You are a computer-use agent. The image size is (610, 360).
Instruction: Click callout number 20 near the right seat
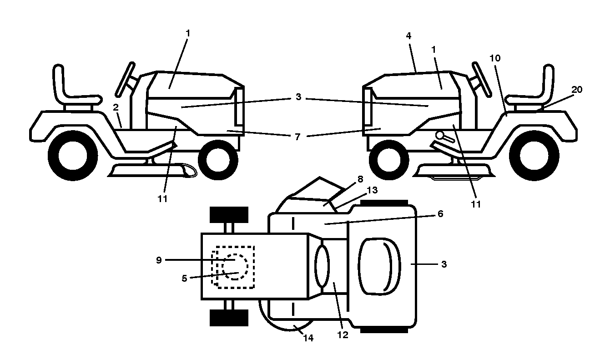pyautogui.click(x=576, y=90)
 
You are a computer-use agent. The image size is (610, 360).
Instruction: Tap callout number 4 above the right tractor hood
pyautogui.click(x=408, y=35)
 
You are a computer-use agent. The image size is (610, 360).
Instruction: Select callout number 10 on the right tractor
pyautogui.click(x=495, y=58)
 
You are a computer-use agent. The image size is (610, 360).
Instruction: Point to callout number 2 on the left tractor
pyautogui.click(x=116, y=107)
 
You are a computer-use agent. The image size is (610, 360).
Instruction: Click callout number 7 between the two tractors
pyautogui.click(x=297, y=137)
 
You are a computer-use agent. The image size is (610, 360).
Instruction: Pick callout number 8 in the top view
pyautogui.click(x=360, y=179)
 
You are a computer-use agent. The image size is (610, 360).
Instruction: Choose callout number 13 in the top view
pyautogui.click(x=372, y=190)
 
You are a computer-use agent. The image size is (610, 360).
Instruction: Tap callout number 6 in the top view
pyautogui.click(x=440, y=214)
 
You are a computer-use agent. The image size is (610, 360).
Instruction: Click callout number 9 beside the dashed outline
pyautogui.click(x=159, y=260)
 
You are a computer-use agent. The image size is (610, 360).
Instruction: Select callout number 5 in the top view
pyautogui.click(x=184, y=279)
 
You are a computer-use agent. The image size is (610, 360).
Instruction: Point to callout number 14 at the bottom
pyautogui.click(x=308, y=338)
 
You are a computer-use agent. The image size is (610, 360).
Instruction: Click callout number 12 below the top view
pyautogui.click(x=343, y=335)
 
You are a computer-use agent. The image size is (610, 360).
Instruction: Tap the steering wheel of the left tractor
pyautogui.click(x=125, y=79)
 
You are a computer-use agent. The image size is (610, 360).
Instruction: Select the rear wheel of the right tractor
pyautogui.click(x=534, y=156)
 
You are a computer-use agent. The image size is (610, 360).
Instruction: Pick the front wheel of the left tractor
pyautogui.click(x=218, y=160)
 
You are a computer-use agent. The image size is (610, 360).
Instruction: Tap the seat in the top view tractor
pyautogui.click(x=379, y=266)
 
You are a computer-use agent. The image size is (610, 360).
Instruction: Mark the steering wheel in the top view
pyautogui.click(x=322, y=266)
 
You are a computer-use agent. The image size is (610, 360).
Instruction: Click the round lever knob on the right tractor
pyautogui.click(x=439, y=135)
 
